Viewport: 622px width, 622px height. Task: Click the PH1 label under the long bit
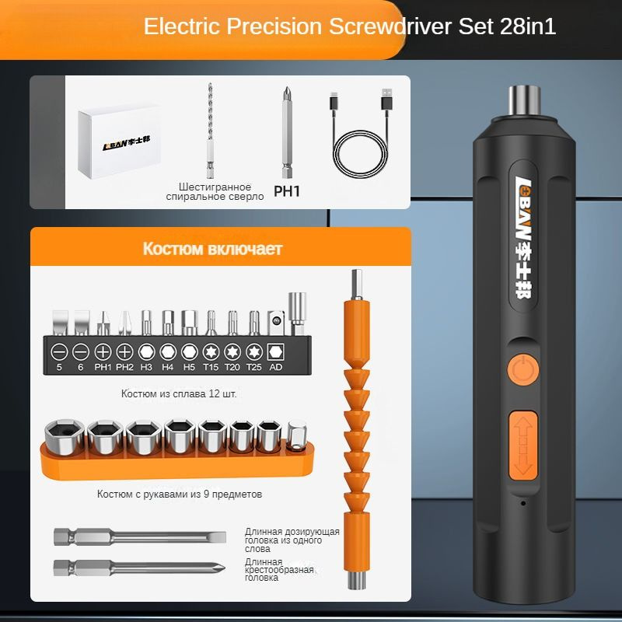tap(286, 190)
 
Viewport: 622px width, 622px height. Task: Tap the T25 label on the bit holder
tap(254, 367)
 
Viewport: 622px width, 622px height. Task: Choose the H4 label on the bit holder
tap(167, 367)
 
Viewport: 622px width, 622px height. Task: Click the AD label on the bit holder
tap(276, 367)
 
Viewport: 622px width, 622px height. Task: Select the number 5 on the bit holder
tap(58, 367)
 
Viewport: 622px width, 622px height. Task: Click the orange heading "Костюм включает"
tap(212, 249)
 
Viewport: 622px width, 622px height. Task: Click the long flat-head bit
tap(140, 537)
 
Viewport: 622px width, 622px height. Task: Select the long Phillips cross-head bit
tap(140, 566)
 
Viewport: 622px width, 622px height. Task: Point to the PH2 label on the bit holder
tap(124, 367)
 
